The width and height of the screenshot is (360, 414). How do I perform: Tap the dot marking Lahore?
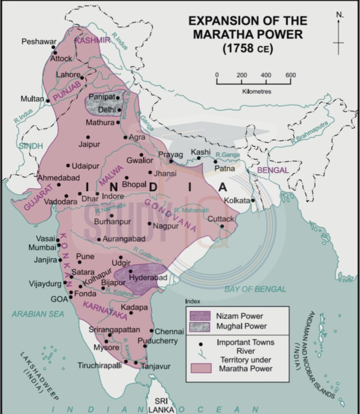pyautogui.click(x=82, y=78)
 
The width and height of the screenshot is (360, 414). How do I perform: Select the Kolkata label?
pyautogui.click(x=237, y=200)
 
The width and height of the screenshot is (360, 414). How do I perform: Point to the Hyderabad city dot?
pyautogui.click(x=130, y=271)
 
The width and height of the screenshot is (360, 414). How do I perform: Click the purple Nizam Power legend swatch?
pyautogui.click(x=200, y=316)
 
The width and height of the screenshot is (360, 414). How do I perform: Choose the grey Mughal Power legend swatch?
pyautogui.click(x=200, y=326)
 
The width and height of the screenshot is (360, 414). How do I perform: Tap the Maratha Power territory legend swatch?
pyautogui.click(x=200, y=368)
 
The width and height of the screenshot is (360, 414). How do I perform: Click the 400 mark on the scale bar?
pyautogui.click(x=265, y=75)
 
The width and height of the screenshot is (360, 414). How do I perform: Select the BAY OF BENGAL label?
pyautogui.click(x=255, y=289)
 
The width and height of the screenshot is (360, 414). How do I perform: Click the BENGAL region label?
pyautogui.click(x=274, y=170)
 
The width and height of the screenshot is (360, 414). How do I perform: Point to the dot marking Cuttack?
pyautogui.click(x=222, y=226)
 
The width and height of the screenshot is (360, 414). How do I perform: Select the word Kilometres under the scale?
pyautogui.click(x=257, y=91)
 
